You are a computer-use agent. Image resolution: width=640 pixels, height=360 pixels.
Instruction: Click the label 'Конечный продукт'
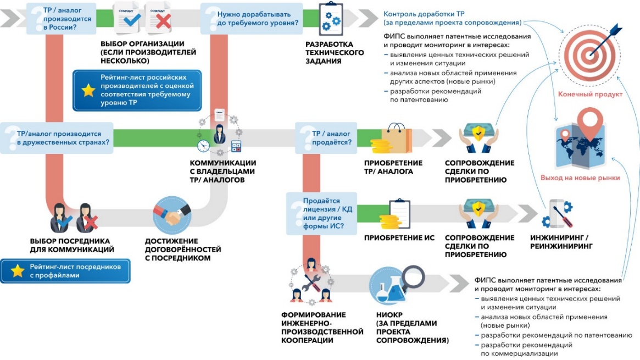[x=590, y=94]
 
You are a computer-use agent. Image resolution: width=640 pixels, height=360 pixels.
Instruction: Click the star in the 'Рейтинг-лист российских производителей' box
[x=88, y=91]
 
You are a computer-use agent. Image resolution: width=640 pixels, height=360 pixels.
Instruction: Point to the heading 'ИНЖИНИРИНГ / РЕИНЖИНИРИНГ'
[x=560, y=242]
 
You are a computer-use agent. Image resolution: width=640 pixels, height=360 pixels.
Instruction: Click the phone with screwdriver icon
[x=558, y=214]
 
